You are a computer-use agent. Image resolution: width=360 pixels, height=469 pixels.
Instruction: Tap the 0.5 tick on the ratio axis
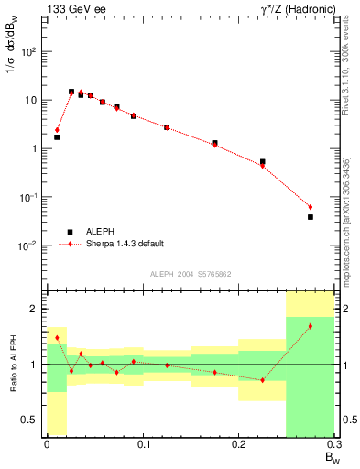pos(32,420)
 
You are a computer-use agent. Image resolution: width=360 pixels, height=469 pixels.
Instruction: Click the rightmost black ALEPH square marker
pos(311,217)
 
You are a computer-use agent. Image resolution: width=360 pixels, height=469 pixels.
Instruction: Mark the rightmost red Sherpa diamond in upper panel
pos(311,207)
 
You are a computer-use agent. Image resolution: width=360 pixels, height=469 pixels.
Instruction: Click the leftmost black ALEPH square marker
pos(57,137)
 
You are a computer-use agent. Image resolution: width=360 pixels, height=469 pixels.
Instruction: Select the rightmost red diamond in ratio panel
pos(311,326)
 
